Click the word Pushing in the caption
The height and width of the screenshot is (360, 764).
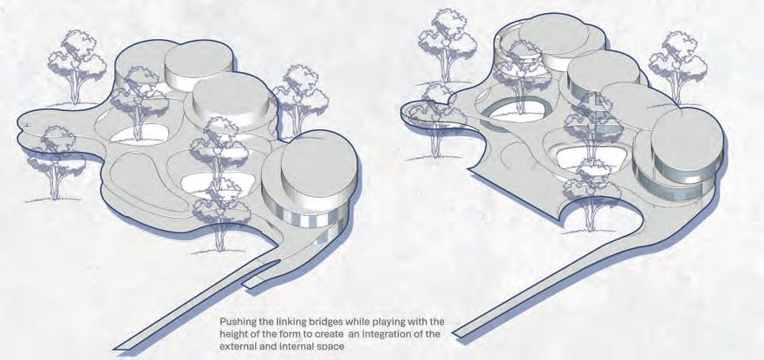[235, 323]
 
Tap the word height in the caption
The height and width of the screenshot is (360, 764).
[233, 335]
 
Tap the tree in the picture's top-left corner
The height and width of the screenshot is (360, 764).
[76, 66]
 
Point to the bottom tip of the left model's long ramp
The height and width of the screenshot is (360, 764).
[115, 349]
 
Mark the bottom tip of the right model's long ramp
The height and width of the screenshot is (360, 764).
[454, 333]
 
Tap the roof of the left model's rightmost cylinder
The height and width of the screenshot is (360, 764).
[319, 166]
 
